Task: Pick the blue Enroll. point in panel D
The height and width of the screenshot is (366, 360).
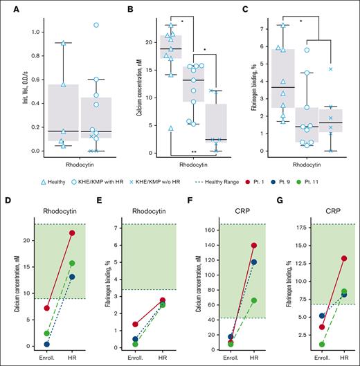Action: pos(26,344)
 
